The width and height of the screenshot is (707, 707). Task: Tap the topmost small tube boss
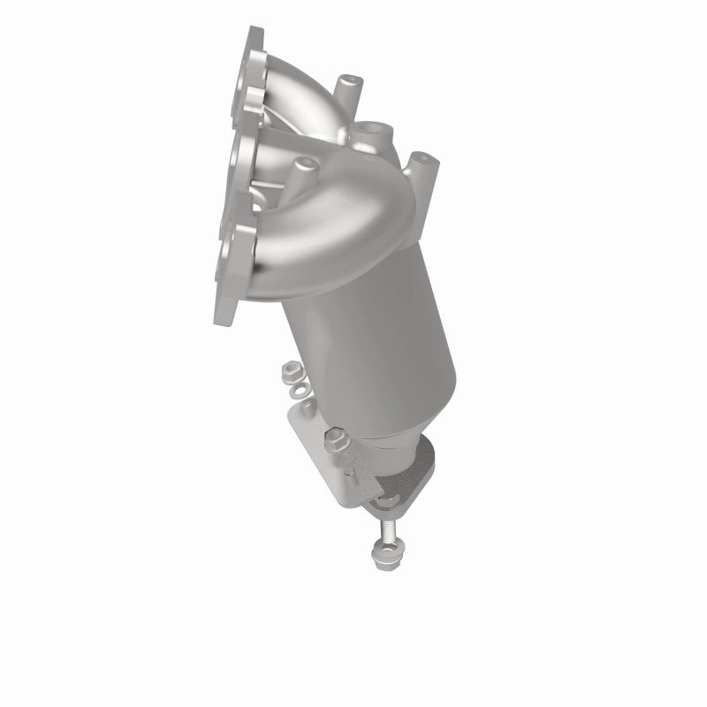pos(347,86)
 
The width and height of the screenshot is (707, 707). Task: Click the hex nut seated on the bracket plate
pos(338,437)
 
